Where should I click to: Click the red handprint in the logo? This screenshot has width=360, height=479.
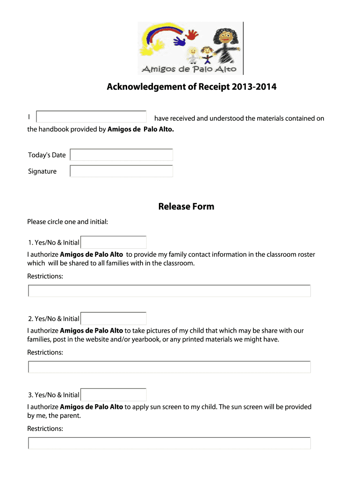point(192,35)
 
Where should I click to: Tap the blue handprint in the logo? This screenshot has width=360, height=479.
point(180,42)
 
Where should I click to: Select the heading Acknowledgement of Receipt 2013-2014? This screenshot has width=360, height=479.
point(191,87)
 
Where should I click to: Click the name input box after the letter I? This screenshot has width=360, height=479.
point(92,117)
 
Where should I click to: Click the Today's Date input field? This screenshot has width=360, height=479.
point(122,155)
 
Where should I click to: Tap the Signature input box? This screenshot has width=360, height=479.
point(122,171)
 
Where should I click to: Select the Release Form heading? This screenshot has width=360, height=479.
point(186,206)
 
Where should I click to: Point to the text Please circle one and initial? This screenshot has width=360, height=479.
point(68,221)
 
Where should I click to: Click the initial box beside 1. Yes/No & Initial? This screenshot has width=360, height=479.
point(114,242)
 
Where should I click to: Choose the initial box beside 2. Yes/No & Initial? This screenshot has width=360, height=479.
point(114,319)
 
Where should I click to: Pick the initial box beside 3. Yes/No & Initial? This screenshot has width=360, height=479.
point(114,395)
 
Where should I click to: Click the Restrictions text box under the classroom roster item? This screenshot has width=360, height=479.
point(169,291)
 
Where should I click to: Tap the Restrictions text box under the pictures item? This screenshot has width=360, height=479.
point(169,367)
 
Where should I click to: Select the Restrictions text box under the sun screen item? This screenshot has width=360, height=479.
point(169,443)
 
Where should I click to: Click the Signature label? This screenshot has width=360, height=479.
point(42,171)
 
